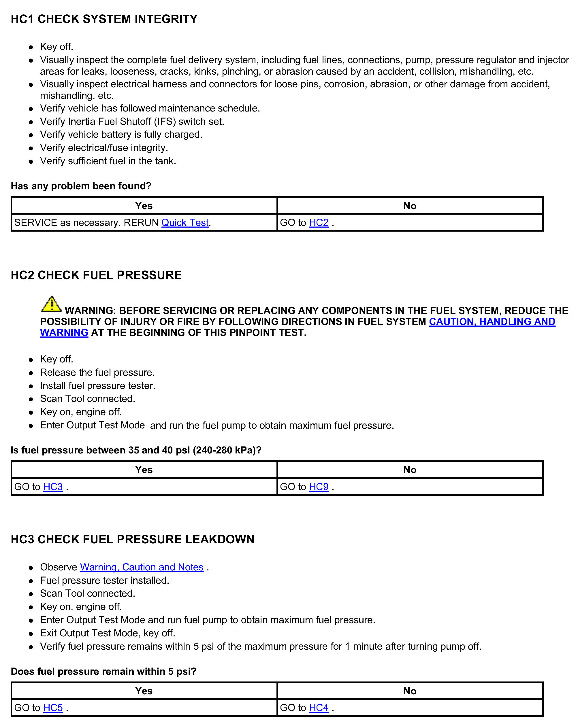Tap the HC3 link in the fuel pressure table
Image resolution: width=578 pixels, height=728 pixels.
click(x=53, y=487)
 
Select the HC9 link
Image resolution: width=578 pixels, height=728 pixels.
click(x=319, y=487)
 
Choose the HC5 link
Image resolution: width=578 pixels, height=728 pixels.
click(x=53, y=708)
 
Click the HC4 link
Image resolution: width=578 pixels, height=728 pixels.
click(x=319, y=708)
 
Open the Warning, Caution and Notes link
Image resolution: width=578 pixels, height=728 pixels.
click(x=142, y=567)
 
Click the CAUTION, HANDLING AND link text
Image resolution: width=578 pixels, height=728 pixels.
click(x=492, y=322)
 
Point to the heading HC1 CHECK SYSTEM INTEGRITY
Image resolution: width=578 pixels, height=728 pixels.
click(x=104, y=19)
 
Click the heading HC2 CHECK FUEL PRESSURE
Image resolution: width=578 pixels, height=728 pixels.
click(x=96, y=275)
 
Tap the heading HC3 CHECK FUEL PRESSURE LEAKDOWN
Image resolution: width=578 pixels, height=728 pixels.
click(x=132, y=539)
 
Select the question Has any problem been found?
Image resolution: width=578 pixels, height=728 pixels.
click(x=81, y=186)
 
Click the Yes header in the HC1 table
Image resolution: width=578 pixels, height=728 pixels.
click(x=144, y=206)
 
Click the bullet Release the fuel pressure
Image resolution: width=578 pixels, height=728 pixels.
click(x=97, y=372)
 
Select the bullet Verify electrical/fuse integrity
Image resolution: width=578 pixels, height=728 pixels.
click(x=104, y=148)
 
